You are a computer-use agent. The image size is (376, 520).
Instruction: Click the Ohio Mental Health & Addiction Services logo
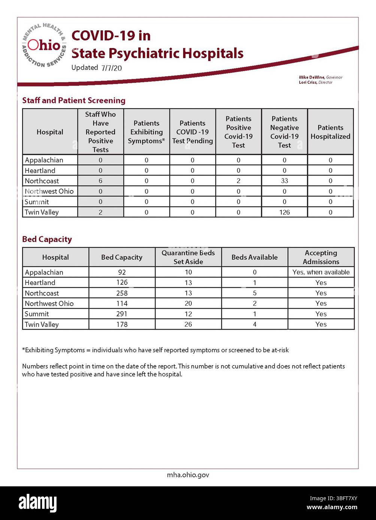pos(44,46)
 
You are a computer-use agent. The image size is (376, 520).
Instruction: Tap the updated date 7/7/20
pos(111,68)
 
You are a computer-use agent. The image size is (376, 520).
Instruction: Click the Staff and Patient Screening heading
pos(74,100)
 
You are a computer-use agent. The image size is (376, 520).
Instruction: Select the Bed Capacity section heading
pos(47,239)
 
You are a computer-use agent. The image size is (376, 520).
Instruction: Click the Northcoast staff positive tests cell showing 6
pos(100,181)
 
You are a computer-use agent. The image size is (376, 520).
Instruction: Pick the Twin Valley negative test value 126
pos(284,212)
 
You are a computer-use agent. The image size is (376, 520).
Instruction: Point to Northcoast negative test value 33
pos(284,181)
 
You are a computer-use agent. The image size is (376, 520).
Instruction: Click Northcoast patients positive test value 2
pos(238,181)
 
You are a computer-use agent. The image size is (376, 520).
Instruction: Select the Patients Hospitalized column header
pos(330,132)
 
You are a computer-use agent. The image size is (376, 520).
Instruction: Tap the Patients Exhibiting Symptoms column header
pos(146,132)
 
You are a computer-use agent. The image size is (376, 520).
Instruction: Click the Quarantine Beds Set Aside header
pos(188,257)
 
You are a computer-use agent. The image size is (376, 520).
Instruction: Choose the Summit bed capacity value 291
pos(122,314)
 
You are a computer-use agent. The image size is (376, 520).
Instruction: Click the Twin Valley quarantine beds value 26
pos(188,324)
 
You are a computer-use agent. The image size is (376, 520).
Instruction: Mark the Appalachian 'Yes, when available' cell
pos(321,272)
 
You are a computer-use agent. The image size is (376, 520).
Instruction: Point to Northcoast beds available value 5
pos(255,293)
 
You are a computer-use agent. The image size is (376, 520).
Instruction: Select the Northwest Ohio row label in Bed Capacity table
pos(49,303)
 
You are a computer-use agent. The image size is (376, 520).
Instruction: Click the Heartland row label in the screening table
pos(40,171)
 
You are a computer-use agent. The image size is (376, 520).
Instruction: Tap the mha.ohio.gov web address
pos(188,475)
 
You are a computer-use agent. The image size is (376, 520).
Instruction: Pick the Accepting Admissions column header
pos(321,257)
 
